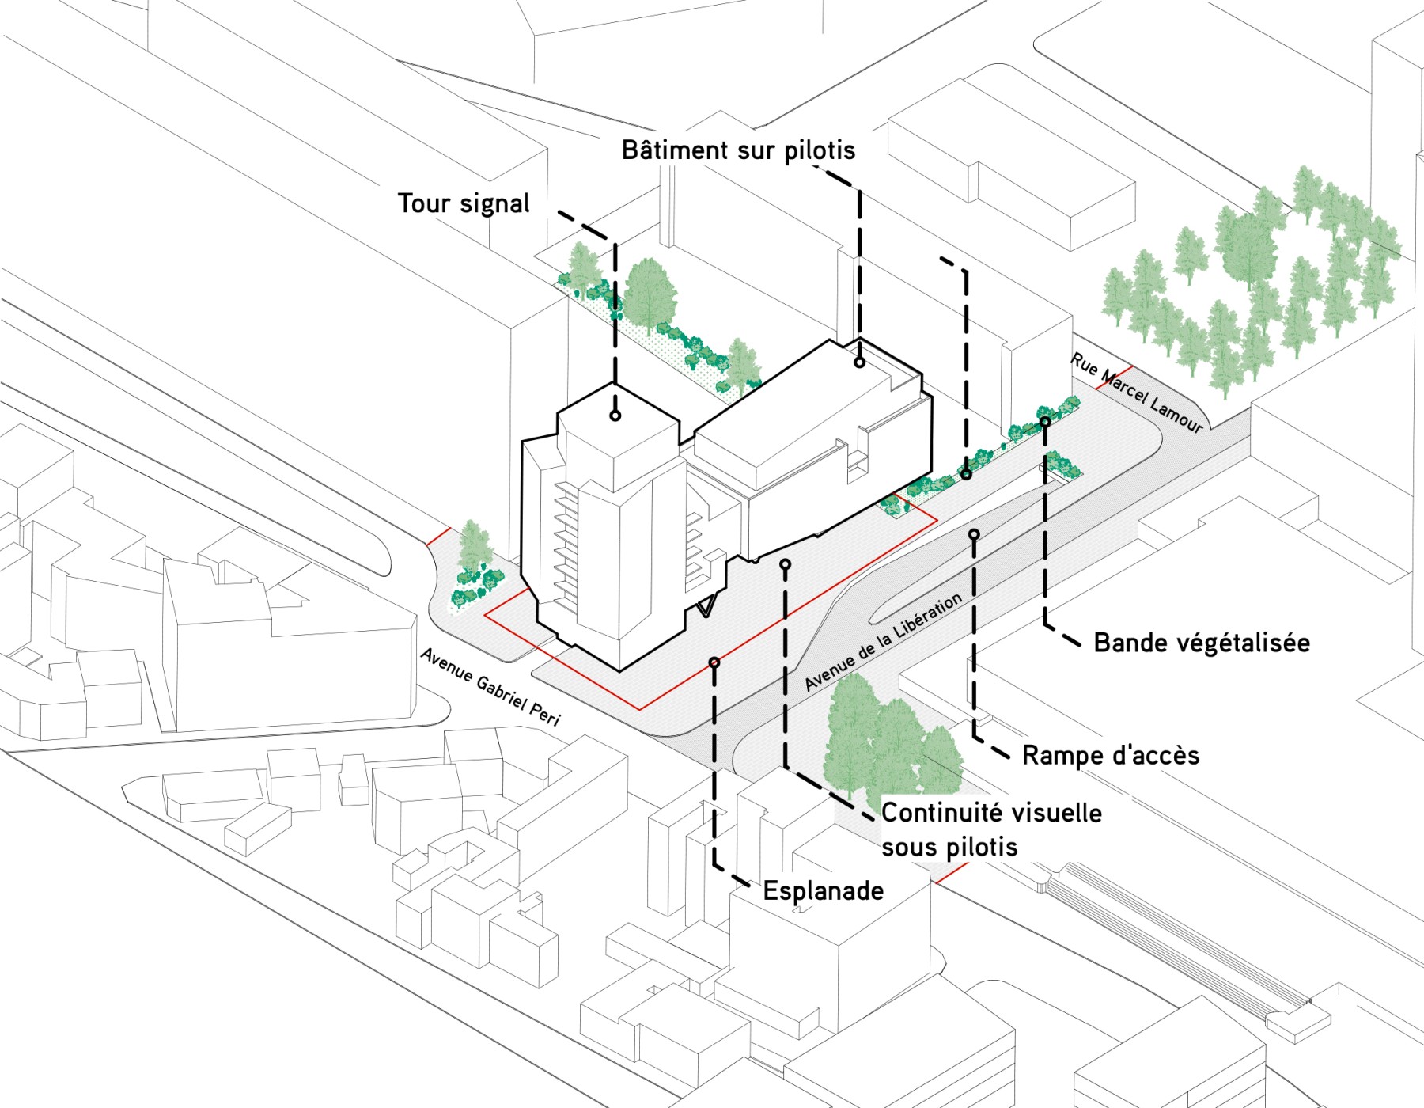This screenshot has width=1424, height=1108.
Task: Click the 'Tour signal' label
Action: tap(464, 203)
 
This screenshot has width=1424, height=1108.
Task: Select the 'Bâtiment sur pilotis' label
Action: tap(738, 150)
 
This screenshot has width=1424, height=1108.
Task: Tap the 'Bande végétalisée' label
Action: tap(1201, 643)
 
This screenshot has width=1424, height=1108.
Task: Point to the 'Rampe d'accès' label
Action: tap(1111, 755)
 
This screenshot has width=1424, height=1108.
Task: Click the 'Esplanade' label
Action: tap(823, 890)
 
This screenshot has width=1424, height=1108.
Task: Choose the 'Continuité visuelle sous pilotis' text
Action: tap(991, 829)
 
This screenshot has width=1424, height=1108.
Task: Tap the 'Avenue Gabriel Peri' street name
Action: tap(490, 686)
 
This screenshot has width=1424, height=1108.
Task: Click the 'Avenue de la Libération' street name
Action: tap(884, 641)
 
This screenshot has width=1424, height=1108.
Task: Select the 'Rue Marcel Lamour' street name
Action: tap(1137, 393)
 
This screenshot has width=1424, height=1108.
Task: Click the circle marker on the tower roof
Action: tap(615, 415)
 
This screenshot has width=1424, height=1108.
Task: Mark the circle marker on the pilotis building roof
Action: tap(859, 362)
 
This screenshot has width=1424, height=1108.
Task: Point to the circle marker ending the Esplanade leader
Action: tap(714, 662)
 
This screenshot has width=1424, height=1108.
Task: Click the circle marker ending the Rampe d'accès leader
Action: tap(974, 535)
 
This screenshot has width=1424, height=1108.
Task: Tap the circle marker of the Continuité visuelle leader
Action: tap(785, 564)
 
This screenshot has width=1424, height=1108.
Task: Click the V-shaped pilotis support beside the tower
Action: tap(706, 605)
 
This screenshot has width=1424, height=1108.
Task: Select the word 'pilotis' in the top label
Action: tap(820, 150)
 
